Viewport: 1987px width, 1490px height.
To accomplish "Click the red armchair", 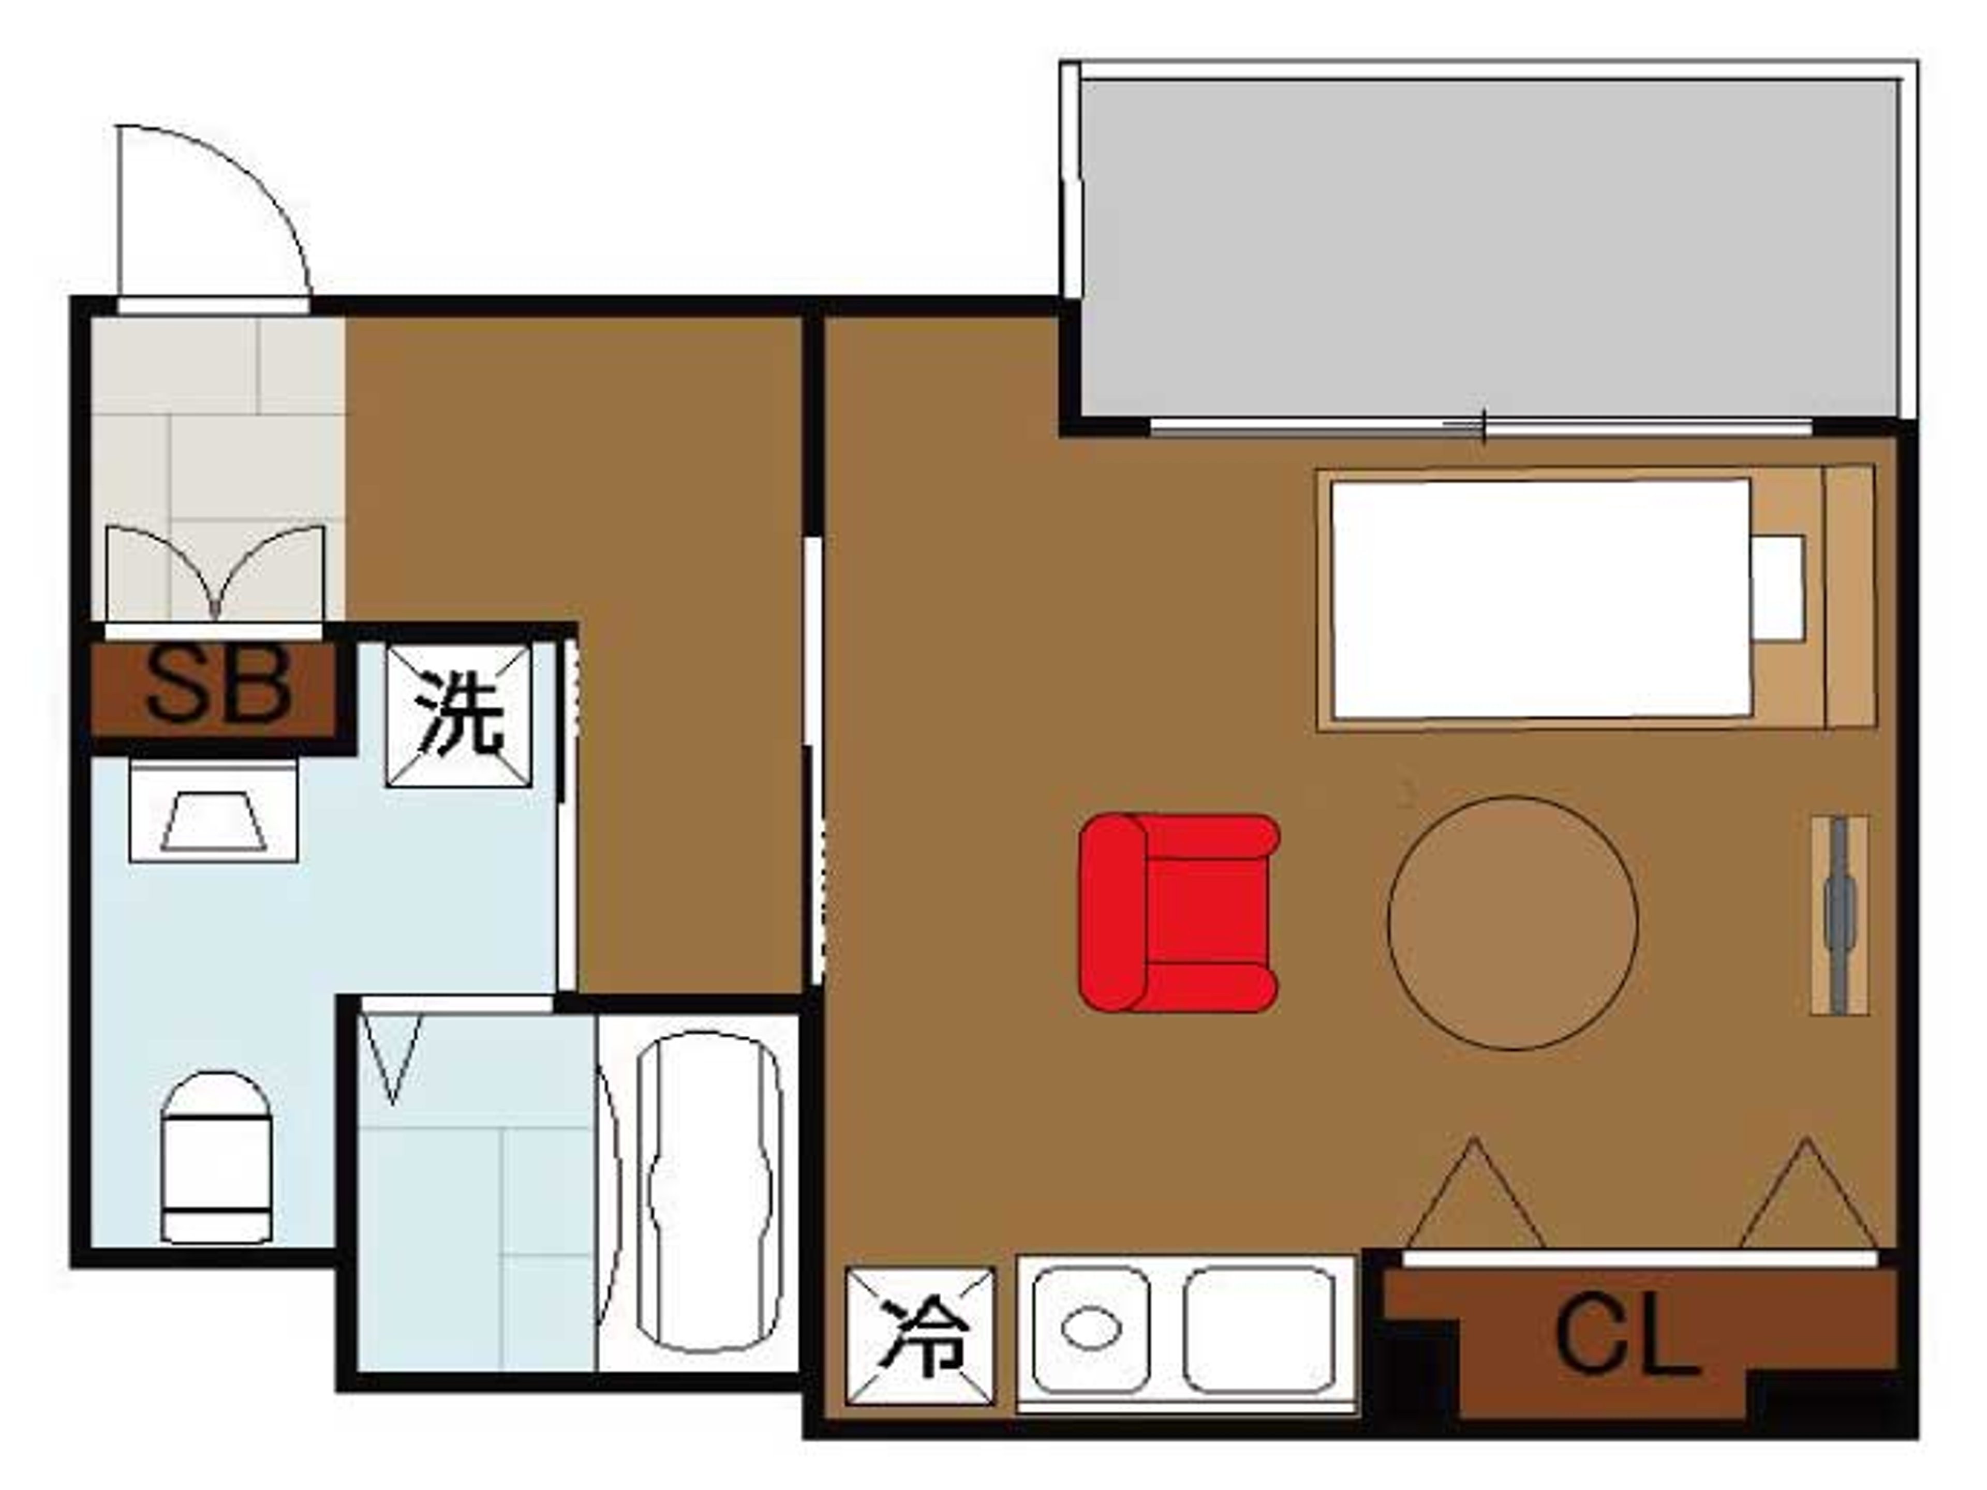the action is tap(1179, 913).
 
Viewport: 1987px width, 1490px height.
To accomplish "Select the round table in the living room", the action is tap(1512, 922).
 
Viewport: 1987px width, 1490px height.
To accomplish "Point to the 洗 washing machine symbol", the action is tap(458, 716).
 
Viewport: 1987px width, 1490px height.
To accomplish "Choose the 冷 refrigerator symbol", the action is tap(921, 1335).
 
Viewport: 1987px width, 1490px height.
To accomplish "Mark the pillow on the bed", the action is tap(1778, 588).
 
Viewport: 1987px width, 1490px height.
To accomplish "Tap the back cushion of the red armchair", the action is tap(1113, 913).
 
